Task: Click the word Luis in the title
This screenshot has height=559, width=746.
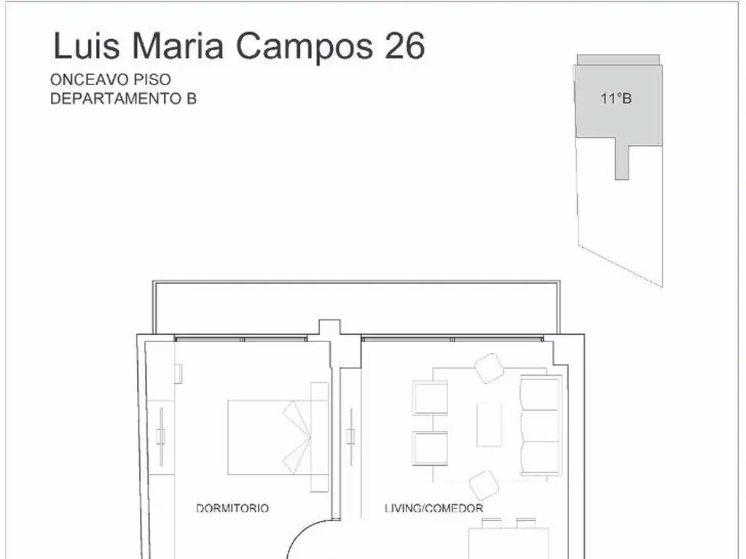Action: tap(86, 46)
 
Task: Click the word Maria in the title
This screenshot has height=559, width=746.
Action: tap(178, 46)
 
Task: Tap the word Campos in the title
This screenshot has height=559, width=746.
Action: tap(305, 47)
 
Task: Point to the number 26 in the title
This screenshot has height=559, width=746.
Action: tap(404, 46)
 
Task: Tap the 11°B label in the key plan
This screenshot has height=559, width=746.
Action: tap(616, 98)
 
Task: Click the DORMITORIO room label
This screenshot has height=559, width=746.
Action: tap(232, 508)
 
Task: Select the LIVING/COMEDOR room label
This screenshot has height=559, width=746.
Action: tap(433, 508)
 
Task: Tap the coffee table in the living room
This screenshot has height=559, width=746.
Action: tap(489, 424)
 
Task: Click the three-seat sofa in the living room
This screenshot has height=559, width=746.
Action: tap(540, 425)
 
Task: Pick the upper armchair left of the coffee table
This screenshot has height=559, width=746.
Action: tap(430, 397)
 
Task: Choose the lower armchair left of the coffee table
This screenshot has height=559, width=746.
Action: tap(430, 448)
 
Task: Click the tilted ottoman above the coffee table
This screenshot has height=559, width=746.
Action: tap(489, 368)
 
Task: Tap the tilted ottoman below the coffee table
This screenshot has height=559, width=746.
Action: tap(484, 485)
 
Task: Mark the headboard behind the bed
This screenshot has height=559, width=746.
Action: tap(320, 437)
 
